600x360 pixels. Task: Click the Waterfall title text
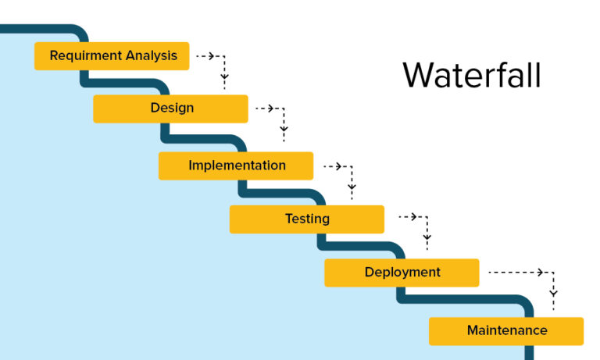471,76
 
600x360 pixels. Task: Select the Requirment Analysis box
112,56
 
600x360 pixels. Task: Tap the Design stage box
170,109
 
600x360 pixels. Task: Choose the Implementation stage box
236,166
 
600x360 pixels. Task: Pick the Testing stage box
306,219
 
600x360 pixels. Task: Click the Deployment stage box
402,273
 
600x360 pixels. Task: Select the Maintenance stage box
506,330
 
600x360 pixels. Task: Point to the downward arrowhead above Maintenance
554,294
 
